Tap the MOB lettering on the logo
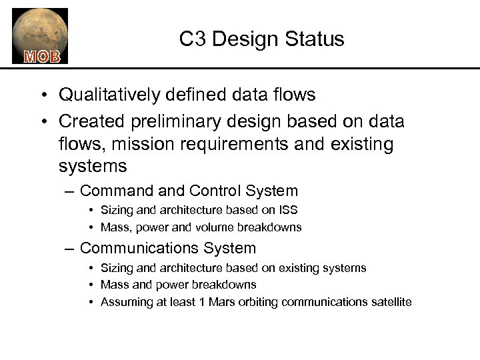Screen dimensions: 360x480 click(x=42, y=55)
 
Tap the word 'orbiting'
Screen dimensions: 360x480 click(x=258, y=302)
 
